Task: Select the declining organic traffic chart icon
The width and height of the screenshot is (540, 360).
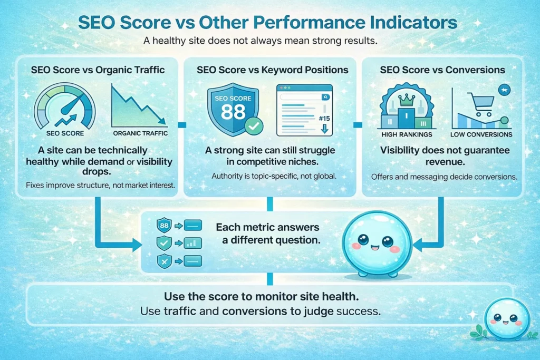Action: pyautogui.click(x=140, y=108)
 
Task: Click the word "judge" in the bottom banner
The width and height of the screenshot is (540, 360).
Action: pyautogui.click(x=316, y=311)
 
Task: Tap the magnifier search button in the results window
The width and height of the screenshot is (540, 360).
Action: pyautogui.click(x=325, y=98)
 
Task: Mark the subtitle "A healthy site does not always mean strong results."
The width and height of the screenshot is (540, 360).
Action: pyautogui.click(x=269, y=41)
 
